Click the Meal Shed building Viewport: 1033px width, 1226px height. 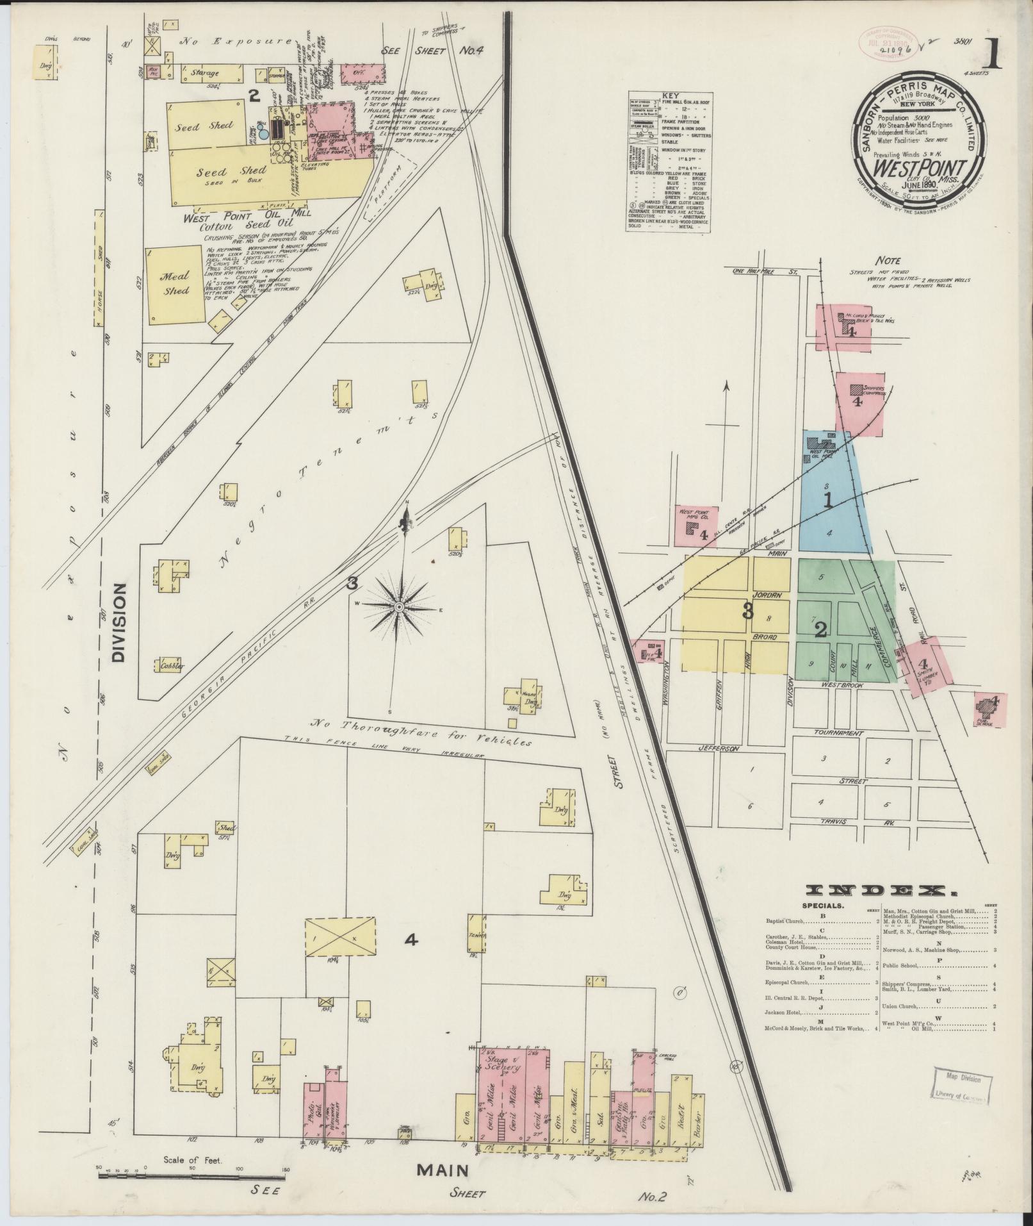click(x=175, y=283)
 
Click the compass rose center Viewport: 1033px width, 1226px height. click(x=398, y=606)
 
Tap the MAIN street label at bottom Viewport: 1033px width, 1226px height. click(x=443, y=1170)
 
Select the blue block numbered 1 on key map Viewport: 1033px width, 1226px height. click(x=827, y=501)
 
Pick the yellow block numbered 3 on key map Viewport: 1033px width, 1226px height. click(x=746, y=611)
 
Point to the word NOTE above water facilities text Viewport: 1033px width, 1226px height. click(x=890, y=261)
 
